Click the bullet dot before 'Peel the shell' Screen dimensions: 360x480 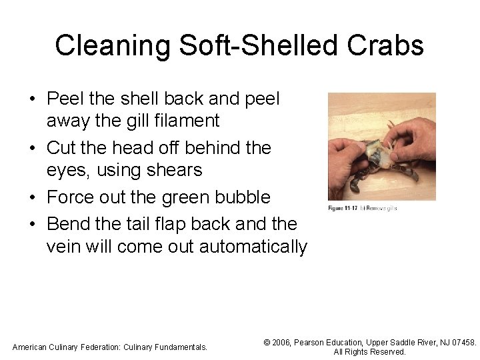pos(33,99)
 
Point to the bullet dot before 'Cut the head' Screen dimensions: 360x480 pos(33,149)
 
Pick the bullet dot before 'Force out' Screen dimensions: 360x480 pos(33,198)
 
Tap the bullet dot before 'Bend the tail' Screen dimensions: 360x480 pos(33,223)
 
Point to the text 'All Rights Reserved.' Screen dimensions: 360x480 pos(369,352)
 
